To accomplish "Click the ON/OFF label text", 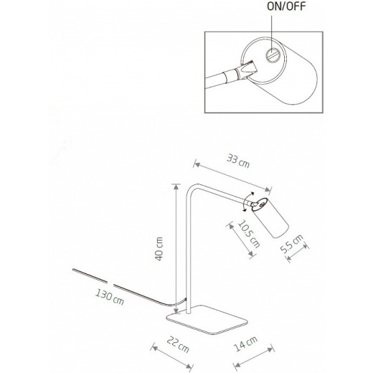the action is coord(286,6).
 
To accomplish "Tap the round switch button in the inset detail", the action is coord(273,55).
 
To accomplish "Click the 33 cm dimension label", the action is coord(238,161).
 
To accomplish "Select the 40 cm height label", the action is coord(159,249).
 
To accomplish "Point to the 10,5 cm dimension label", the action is coord(249,234).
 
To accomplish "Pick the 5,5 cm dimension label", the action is coord(292,244).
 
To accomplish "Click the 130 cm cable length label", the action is coord(110,297).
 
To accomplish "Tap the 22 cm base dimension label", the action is coord(178,344).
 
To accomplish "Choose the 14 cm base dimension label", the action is coord(245,344).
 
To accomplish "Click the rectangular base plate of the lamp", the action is coord(207,319).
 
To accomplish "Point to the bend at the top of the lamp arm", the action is coord(192,188).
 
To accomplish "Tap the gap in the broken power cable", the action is coord(110,283).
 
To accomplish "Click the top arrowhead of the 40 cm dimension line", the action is coord(176,186).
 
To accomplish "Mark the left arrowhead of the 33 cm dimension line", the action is coord(197,164).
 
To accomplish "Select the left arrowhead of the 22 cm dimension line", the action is coord(155,348).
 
